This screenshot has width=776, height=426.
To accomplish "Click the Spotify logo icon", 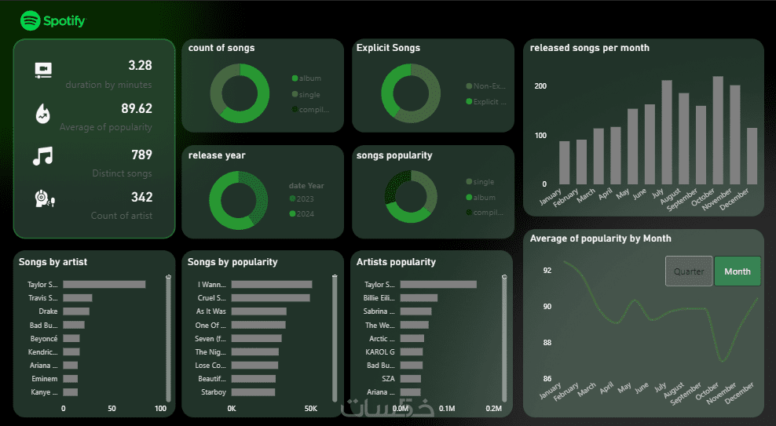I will (x=31, y=20).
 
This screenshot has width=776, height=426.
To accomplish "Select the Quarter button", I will (x=689, y=271).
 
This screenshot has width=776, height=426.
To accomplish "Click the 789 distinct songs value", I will (x=141, y=155).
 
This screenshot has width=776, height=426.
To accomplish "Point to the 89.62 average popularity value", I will (x=137, y=108).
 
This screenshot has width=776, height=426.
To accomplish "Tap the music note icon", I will (x=42, y=156).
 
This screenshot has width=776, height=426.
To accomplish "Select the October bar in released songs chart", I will (x=718, y=130).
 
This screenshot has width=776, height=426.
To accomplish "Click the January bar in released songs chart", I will (x=564, y=162).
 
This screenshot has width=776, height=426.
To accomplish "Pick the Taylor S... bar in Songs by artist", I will (x=104, y=284).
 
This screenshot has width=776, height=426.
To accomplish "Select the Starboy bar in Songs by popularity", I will (x=253, y=391).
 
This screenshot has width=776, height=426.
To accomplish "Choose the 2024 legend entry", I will (x=306, y=213).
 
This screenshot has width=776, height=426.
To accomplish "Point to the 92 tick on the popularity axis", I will (x=547, y=271).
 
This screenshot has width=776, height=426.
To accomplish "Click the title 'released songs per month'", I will (x=590, y=48).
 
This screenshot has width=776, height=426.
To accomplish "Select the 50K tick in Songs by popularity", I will (x=310, y=409).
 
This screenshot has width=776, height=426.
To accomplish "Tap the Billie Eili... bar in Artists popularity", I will (x=419, y=298).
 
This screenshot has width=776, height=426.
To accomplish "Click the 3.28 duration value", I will (x=140, y=65).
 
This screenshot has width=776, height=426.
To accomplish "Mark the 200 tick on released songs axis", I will (x=540, y=86).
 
